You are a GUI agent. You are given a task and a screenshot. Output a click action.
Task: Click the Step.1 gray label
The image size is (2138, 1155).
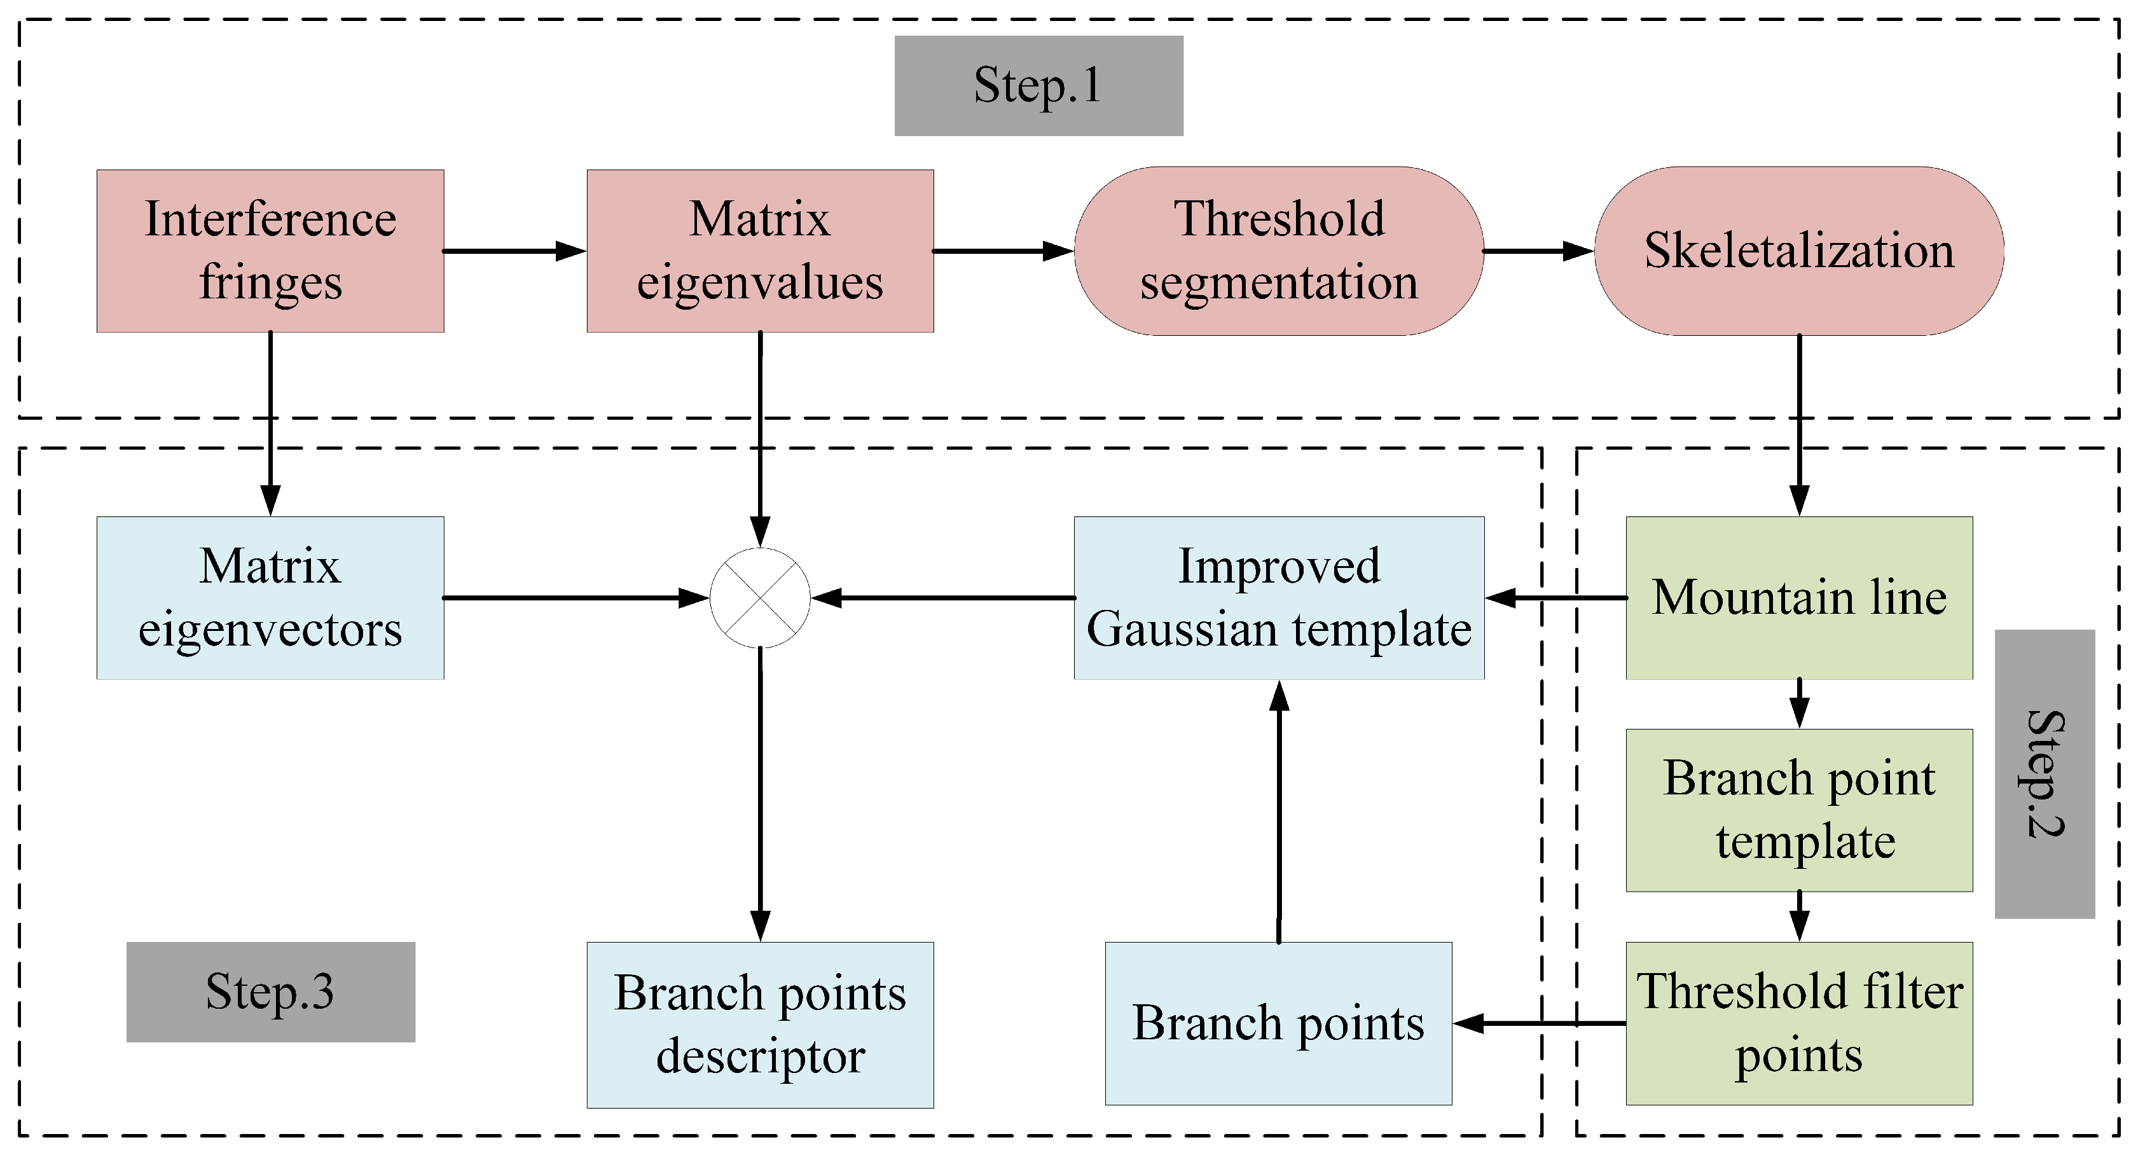pyautogui.click(x=1038, y=85)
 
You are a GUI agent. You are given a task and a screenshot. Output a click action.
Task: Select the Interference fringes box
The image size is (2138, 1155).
pyautogui.click(x=270, y=251)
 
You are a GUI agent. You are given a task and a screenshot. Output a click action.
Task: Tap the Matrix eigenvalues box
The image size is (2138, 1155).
pyautogui.click(x=759, y=251)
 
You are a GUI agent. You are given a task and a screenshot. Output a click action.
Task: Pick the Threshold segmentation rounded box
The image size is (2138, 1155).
pyautogui.click(x=1278, y=251)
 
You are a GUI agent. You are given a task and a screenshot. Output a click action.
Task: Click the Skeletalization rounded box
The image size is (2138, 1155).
pyautogui.click(x=1798, y=251)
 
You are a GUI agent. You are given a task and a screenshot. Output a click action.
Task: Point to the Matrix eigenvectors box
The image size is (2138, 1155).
pyautogui.click(x=270, y=598)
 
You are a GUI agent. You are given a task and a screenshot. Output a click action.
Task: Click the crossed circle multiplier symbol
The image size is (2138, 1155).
pyautogui.click(x=759, y=598)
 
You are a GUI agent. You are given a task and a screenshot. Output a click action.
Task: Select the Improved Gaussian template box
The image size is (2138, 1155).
pyautogui.click(x=1278, y=598)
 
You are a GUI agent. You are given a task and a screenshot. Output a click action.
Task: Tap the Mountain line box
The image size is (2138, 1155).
pyautogui.click(x=1798, y=598)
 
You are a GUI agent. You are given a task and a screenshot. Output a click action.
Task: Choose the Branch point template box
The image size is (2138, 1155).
pyautogui.click(x=1798, y=810)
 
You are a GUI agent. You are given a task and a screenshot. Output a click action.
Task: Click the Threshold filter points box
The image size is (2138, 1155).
pyautogui.click(x=1798, y=1023)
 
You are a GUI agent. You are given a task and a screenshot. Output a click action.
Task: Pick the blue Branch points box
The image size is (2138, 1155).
pyautogui.click(x=1278, y=1023)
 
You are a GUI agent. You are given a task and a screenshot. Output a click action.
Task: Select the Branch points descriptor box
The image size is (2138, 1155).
pyautogui.click(x=759, y=1025)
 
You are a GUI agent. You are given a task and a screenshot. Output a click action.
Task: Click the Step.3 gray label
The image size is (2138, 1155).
pyautogui.click(x=270, y=992)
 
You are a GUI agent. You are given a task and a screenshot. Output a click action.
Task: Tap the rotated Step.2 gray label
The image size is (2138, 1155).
pyautogui.click(x=2045, y=774)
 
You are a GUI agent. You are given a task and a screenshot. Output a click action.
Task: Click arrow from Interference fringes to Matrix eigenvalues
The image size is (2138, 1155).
pyautogui.click(x=514, y=251)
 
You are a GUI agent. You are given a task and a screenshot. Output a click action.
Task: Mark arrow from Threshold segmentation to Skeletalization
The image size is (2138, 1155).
pyautogui.click(x=1538, y=251)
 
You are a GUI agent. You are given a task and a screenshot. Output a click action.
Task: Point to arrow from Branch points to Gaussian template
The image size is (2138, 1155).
pyautogui.click(x=1279, y=810)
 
